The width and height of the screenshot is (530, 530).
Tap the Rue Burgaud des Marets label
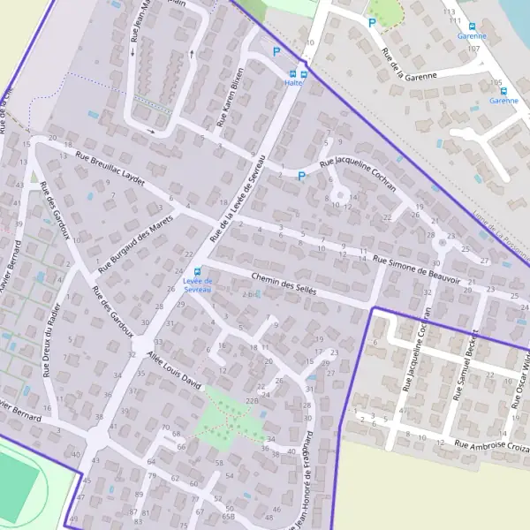click(134, 236)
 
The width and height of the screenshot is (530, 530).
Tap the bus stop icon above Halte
click(304, 74)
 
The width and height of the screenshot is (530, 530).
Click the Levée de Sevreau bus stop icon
click(197, 271)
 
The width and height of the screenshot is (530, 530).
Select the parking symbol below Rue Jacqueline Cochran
click(301, 176)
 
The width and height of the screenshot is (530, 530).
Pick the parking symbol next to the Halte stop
click(276, 52)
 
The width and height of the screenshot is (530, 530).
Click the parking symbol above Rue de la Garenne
click(372, 23)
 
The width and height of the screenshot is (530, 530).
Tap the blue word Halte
click(293, 83)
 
